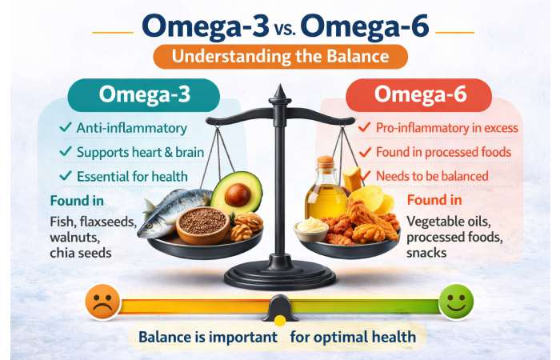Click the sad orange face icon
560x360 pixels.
point(102,303)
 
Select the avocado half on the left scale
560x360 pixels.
point(237,194)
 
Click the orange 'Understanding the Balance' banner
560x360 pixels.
point(281,57)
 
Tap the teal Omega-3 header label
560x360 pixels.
point(144,94)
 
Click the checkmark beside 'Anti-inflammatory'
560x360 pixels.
point(65,128)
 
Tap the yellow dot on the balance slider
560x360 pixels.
point(280,320)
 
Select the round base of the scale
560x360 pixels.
point(280,276)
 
